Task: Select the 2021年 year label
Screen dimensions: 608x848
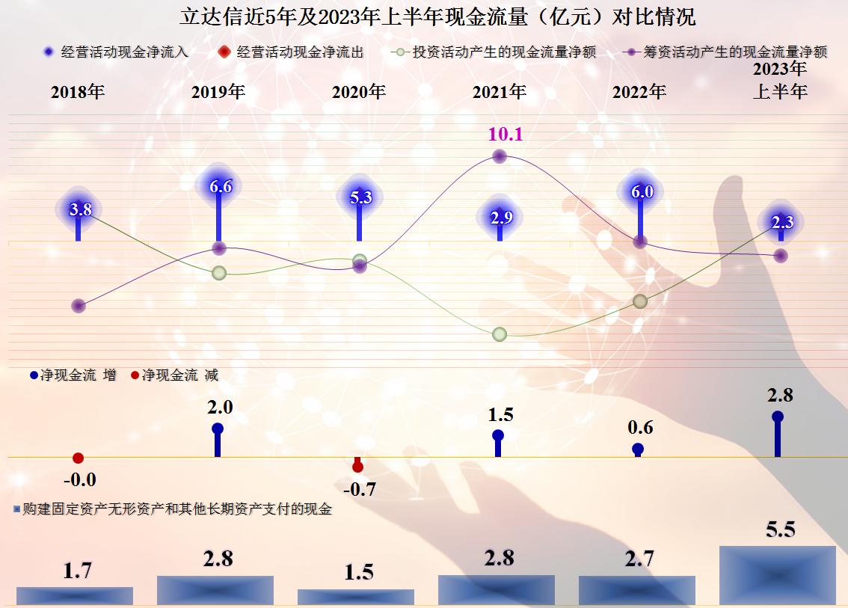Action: [x=499, y=92]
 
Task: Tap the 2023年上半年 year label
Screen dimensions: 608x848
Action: [x=779, y=81]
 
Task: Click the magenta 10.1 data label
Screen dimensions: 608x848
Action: [x=506, y=135]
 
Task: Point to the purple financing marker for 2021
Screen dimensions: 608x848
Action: [x=500, y=156]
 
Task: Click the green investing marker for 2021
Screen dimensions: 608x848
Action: [x=500, y=334]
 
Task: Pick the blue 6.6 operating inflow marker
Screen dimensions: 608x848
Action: [x=220, y=187]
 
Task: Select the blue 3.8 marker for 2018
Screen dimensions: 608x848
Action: [x=79, y=210]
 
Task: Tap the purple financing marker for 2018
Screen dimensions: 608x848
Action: [x=79, y=306]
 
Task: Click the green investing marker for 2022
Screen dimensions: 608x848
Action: [x=639, y=301]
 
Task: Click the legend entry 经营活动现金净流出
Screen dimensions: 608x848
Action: [x=299, y=52]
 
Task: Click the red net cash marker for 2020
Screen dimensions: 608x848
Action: [x=357, y=467]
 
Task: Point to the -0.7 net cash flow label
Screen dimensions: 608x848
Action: [x=359, y=490]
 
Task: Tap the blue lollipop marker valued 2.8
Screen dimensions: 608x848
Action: [x=778, y=417]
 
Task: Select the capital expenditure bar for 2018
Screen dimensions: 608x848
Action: [x=75, y=595]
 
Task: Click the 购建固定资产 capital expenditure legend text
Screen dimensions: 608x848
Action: [x=176, y=509]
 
